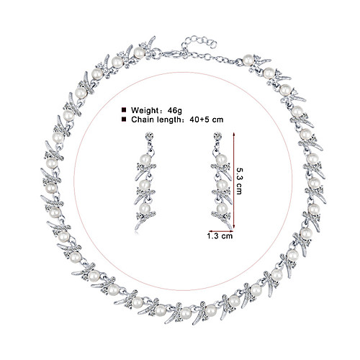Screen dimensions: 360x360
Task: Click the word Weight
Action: coord(145,110)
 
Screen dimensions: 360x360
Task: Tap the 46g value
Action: coord(175,110)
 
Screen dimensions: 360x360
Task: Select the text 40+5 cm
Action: coord(207,120)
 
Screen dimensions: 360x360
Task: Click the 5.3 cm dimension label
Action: coord(240,181)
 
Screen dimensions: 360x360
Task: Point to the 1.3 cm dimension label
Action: coord(220,236)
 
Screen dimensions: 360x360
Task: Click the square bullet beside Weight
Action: coord(124,110)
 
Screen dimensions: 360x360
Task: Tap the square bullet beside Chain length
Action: coord(124,120)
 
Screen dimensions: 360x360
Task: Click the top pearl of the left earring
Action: coord(145,159)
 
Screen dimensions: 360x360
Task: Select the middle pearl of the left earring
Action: coord(145,184)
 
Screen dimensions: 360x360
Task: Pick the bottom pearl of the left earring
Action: coord(145,209)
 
